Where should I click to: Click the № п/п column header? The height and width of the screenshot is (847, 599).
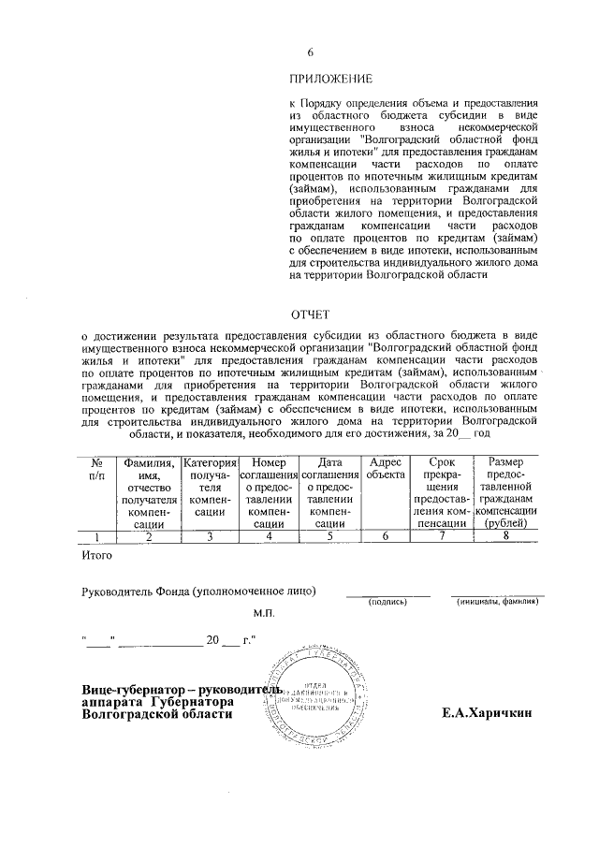click(x=95, y=468)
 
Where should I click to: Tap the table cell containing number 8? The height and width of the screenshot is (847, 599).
click(x=506, y=536)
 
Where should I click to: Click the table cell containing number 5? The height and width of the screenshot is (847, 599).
click(x=329, y=536)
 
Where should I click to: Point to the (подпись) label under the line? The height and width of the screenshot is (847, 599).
click(x=387, y=602)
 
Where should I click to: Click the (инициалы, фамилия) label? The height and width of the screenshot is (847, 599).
click(x=497, y=602)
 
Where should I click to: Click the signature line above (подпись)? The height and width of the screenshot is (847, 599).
click(x=387, y=594)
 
